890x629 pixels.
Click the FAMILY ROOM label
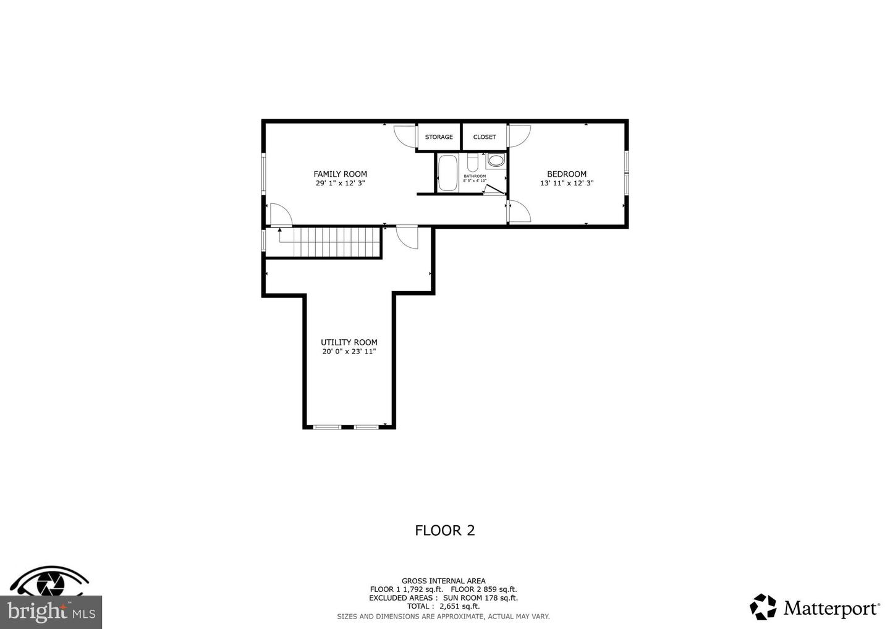[340, 174]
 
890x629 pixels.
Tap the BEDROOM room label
[567, 174]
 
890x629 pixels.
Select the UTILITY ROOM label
[349, 342]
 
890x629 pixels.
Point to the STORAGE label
[439, 137]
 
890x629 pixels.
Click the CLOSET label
[485, 137]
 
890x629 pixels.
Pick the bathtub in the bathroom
[447, 173]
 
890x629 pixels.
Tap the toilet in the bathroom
[472, 163]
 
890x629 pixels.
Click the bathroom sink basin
[496, 161]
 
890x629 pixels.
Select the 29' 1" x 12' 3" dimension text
[340, 184]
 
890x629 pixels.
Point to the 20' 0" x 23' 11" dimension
[349, 352]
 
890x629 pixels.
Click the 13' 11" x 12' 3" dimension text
[567, 184]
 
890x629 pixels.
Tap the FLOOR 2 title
[444, 531]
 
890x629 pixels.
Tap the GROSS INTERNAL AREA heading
[443, 581]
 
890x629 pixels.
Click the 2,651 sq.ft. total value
[459, 606]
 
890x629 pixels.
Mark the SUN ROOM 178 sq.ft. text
[480, 597]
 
